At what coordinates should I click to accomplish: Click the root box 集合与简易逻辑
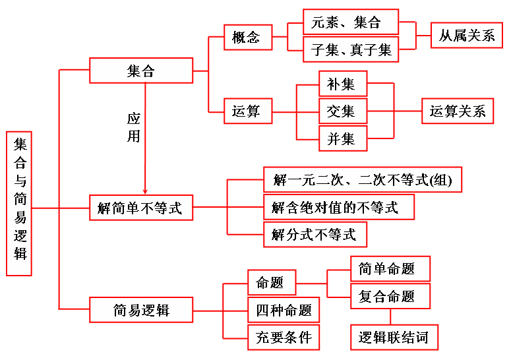point(19,203)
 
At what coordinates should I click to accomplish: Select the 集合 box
point(141,71)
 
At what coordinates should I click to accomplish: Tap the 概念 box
point(247,37)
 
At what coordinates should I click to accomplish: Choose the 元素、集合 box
point(350,22)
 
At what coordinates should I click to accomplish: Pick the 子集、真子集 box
point(350,49)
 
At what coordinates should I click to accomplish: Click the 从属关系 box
point(467,36)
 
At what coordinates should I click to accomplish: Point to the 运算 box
point(247,111)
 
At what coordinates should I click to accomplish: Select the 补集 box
point(342,84)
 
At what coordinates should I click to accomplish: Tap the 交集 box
point(342,111)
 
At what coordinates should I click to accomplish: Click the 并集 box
point(342,138)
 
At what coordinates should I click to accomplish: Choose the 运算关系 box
point(458,111)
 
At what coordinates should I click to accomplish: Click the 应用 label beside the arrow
point(134,127)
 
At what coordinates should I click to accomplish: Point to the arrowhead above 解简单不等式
point(144,190)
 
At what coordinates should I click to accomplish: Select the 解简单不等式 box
point(141,208)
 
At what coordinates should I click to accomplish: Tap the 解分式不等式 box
point(315,233)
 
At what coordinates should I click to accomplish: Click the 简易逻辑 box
point(141,310)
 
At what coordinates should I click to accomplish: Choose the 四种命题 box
point(284,310)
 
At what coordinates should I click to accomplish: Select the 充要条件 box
point(284,337)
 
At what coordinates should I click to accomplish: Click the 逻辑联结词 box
point(394,337)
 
